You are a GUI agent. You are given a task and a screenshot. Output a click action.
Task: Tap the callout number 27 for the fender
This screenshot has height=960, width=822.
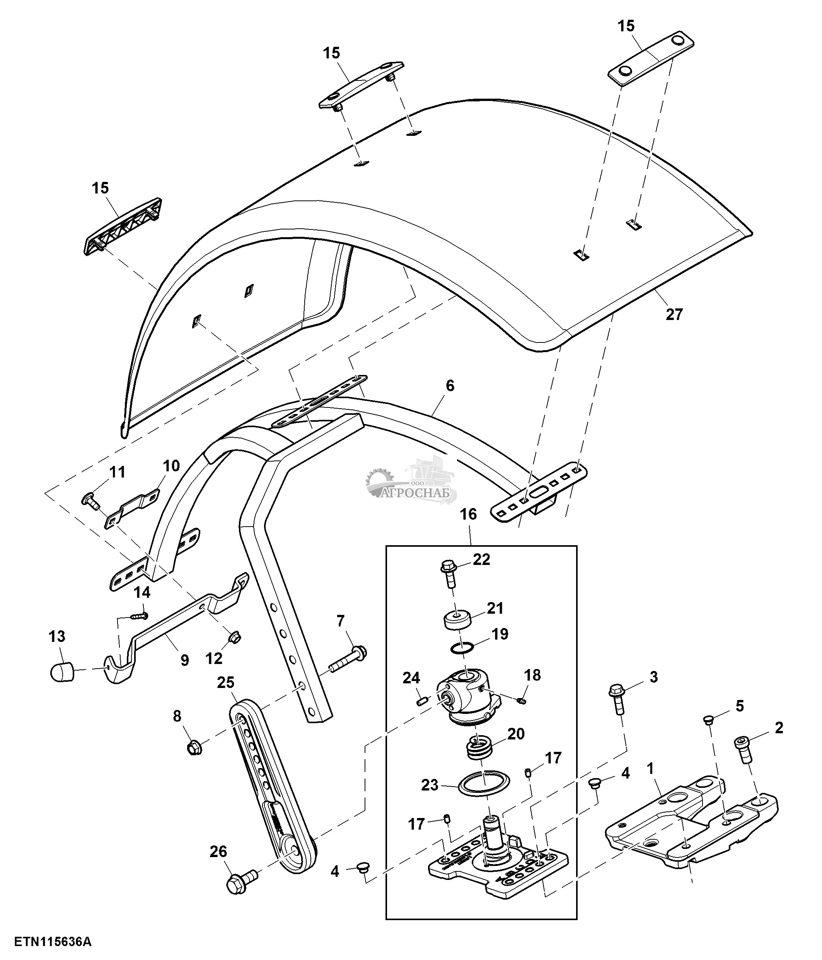point(674,315)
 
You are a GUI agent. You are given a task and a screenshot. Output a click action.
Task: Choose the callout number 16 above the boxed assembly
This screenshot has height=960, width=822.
point(468,514)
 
